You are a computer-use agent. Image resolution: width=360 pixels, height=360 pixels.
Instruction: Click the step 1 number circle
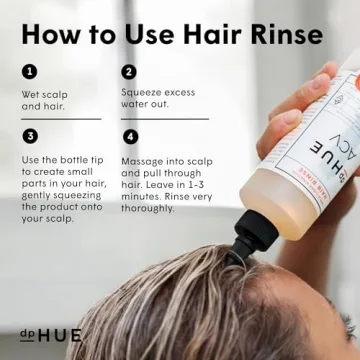30,72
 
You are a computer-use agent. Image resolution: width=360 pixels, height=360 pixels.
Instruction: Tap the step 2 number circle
129,72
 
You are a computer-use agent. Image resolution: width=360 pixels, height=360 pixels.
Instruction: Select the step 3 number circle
30,135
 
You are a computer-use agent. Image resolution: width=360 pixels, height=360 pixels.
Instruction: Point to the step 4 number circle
129,135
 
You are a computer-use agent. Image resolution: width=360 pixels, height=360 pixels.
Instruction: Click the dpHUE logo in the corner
50,334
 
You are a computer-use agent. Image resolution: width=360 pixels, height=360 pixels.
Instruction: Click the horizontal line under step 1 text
60,119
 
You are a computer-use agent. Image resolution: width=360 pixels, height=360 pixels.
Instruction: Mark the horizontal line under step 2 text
164,119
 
